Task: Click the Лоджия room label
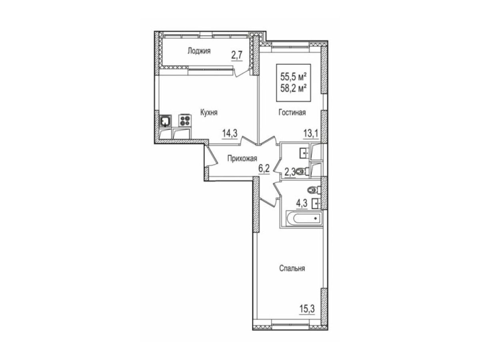click(199, 51)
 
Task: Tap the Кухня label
click(209, 112)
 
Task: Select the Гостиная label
click(292, 112)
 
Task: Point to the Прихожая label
click(242, 158)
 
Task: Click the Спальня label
click(292, 268)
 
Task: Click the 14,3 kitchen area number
click(230, 133)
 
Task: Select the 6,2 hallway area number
click(264, 169)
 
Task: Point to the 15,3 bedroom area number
click(307, 309)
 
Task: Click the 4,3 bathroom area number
click(302, 203)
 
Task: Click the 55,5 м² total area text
click(293, 77)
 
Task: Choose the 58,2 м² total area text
click(293, 89)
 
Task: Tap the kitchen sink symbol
click(165, 121)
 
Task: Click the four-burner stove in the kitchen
click(185, 120)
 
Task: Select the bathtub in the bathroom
click(303, 218)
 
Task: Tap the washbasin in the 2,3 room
click(304, 153)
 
